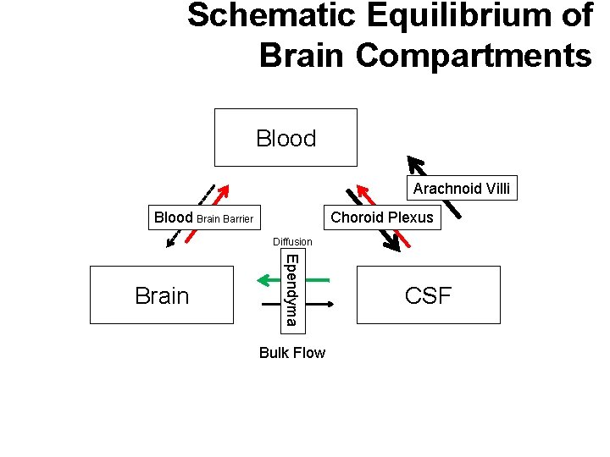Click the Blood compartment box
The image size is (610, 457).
(x=286, y=138)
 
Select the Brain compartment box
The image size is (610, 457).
(x=162, y=295)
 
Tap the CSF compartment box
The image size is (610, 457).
(x=428, y=295)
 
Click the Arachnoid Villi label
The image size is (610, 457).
(x=462, y=189)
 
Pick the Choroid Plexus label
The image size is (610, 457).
(x=381, y=217)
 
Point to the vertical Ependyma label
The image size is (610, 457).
(x=290, y=289)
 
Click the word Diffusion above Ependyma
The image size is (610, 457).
(x=292, y=242)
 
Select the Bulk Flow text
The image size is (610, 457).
(x=291, y=353)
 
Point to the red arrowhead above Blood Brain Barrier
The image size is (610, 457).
(x=225, y=190)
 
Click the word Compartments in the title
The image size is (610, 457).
(x=474, y=55)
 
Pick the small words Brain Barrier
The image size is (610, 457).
(x=225, y=219)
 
